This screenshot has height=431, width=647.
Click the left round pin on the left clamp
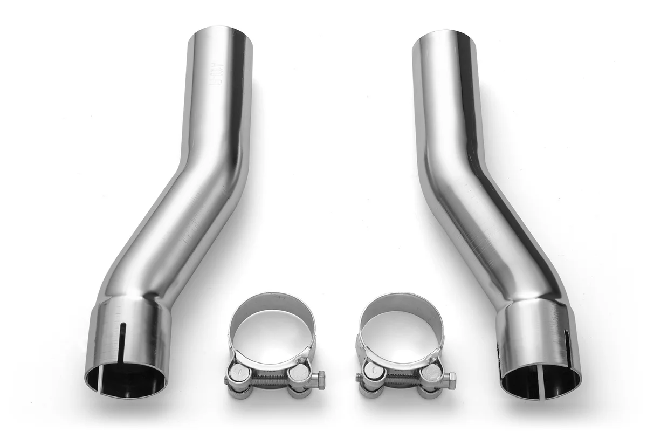click(x=236, y=373)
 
